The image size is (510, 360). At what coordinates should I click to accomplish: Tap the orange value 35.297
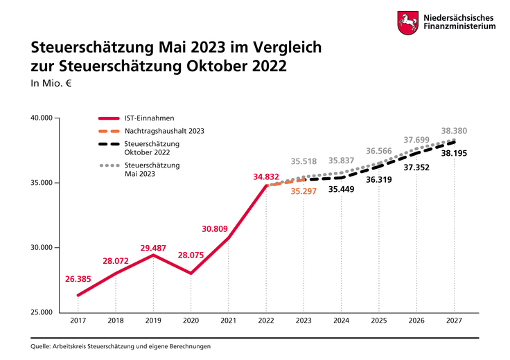304,192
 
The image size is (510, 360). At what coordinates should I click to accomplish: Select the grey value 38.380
454,131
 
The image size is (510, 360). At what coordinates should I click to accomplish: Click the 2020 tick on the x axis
191,321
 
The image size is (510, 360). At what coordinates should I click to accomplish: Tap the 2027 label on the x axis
454,321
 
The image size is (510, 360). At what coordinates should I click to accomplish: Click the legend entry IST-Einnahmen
149,118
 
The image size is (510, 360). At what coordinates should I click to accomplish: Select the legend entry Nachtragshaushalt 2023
164,130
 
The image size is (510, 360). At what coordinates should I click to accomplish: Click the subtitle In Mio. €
52,84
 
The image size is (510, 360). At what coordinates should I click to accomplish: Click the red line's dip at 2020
191,273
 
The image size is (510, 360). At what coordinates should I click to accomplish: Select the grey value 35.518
304,161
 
